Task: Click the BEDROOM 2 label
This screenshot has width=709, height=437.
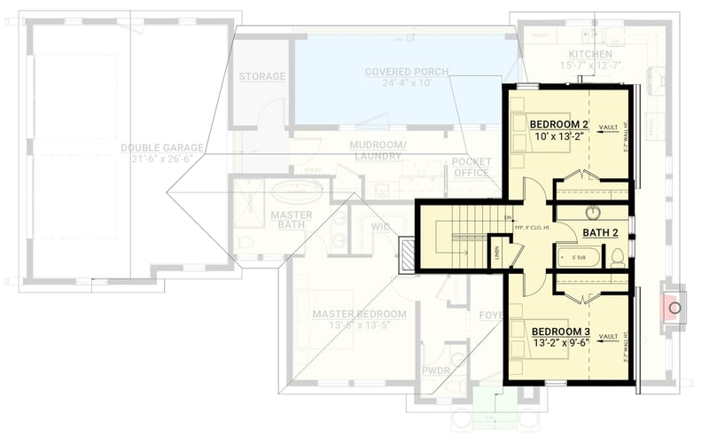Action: tap(560, 123)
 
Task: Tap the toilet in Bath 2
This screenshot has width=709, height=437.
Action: tap(618, 257)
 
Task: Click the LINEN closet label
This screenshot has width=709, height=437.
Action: tap(498, 252)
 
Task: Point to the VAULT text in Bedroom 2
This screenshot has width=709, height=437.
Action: tap(608, 128)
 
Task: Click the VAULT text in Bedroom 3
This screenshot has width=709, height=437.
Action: tap(608, 337)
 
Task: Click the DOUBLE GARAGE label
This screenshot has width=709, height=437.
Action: tap(163, 148)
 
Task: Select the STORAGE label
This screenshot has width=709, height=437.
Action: tap(262, 77)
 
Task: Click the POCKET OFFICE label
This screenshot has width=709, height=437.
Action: tap(471, 168)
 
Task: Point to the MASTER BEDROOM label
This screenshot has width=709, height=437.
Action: tap(359, 315)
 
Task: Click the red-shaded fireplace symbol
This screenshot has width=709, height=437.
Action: tap(674, 308)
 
